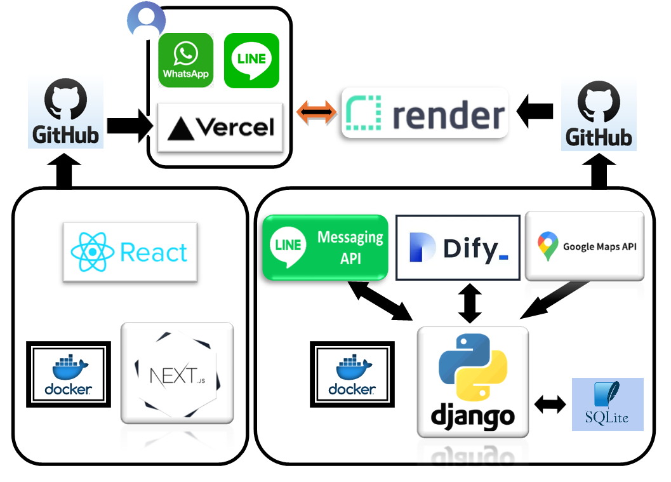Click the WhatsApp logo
click(x=185, y=60)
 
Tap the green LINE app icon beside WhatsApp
click(x=251, y=60)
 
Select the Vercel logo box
click(x=220, y=128)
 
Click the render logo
click(x=425, y=114)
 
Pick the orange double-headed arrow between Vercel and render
click(x=316, y=114)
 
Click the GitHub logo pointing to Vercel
click(x=65, y=114)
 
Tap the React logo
click(x=130, y=252)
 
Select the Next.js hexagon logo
click(x=177, y=374)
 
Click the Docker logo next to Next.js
click(x=69, y=374)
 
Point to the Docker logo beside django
click(x=352, y=374)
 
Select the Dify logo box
click(x=458, y=248)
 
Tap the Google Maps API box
click(x=585, y=246)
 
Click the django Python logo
click(x=472, y=382)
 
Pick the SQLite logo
click(x=608, y=404)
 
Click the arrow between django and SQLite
click(x=550, y=405)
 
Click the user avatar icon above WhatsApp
click(x=146, y=21)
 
